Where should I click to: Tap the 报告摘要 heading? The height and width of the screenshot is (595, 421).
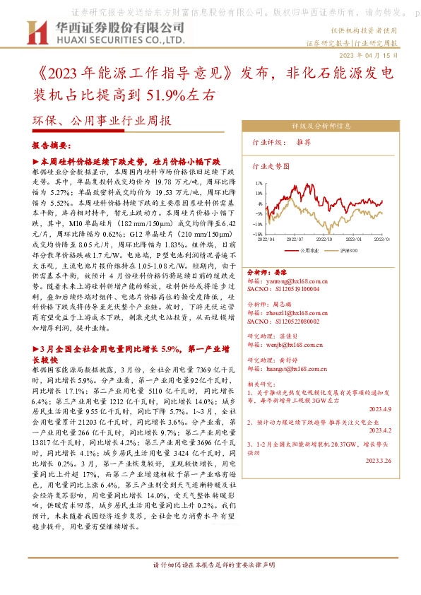51,146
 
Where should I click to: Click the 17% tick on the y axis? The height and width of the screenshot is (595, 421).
259,182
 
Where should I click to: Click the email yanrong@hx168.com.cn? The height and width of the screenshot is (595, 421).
285,281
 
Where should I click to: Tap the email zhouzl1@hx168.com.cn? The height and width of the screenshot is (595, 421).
285,312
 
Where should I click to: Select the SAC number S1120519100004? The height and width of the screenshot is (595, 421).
282,289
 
